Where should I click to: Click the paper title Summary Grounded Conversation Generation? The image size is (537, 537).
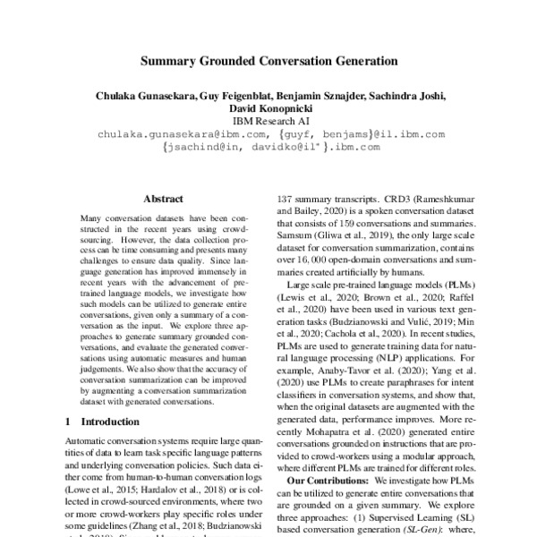tap(268, 63)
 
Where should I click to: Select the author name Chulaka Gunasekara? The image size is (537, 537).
tap(131, 96)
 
